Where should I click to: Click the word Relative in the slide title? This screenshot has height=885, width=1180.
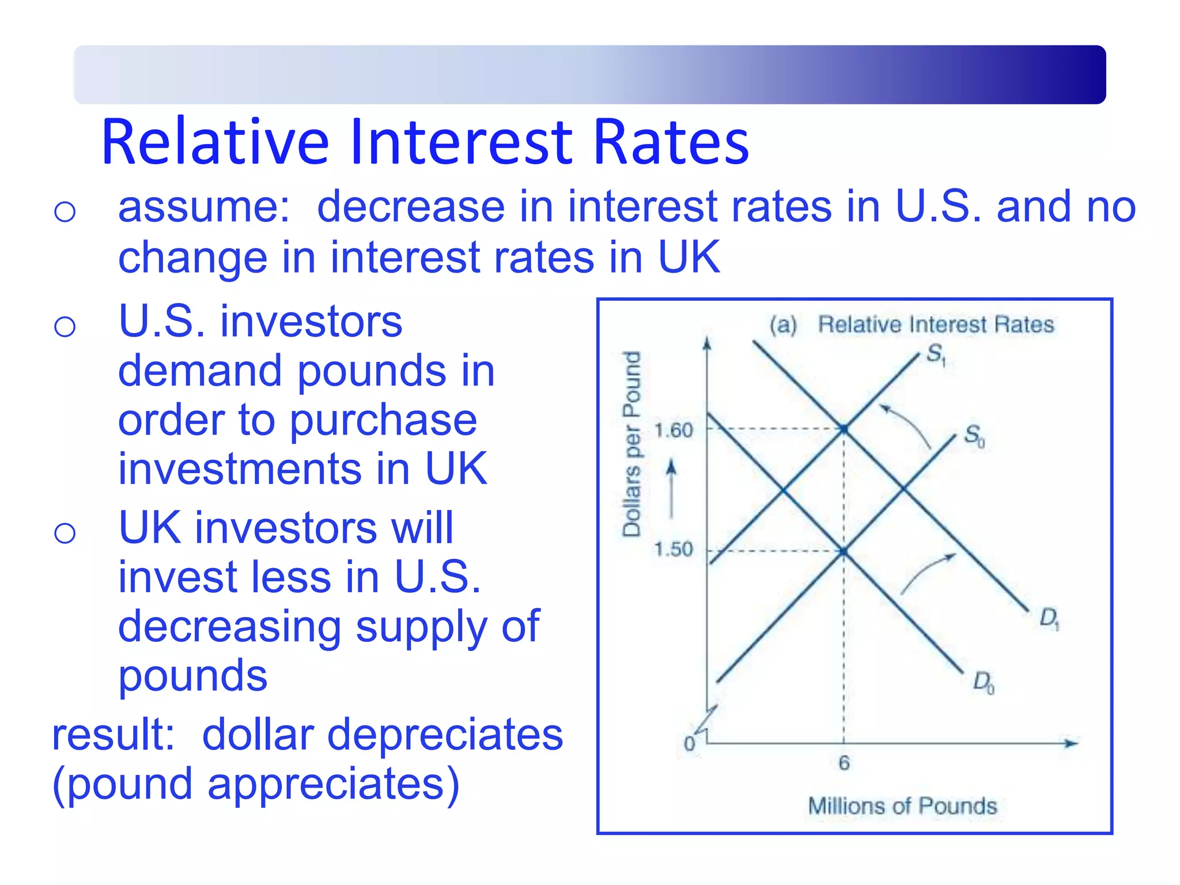click(215, 142)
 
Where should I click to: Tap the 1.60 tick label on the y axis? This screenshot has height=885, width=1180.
click(674, 430)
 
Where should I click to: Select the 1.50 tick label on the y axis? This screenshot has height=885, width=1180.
click(673, 549)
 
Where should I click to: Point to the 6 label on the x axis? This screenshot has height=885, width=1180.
click(844, 763)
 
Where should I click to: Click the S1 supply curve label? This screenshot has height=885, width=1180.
click(936, 354)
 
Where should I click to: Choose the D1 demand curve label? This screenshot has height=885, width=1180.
click(1049, 619)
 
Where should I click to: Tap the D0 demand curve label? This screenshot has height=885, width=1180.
click(983, 682)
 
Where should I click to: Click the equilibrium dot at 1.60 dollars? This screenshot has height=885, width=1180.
click(844, 429)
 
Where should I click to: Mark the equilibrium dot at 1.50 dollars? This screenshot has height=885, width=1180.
click(844, 552)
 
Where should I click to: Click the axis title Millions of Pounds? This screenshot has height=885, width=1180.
click(902, 806)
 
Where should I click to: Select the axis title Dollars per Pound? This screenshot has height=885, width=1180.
click(632, 444)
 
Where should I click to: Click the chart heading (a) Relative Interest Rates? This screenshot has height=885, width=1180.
click(912, 325)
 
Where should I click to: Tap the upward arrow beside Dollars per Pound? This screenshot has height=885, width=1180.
click(671, 487)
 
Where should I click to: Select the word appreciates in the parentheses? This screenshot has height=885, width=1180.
click(326, 784)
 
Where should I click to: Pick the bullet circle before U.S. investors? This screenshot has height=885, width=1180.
click(65, 327)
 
